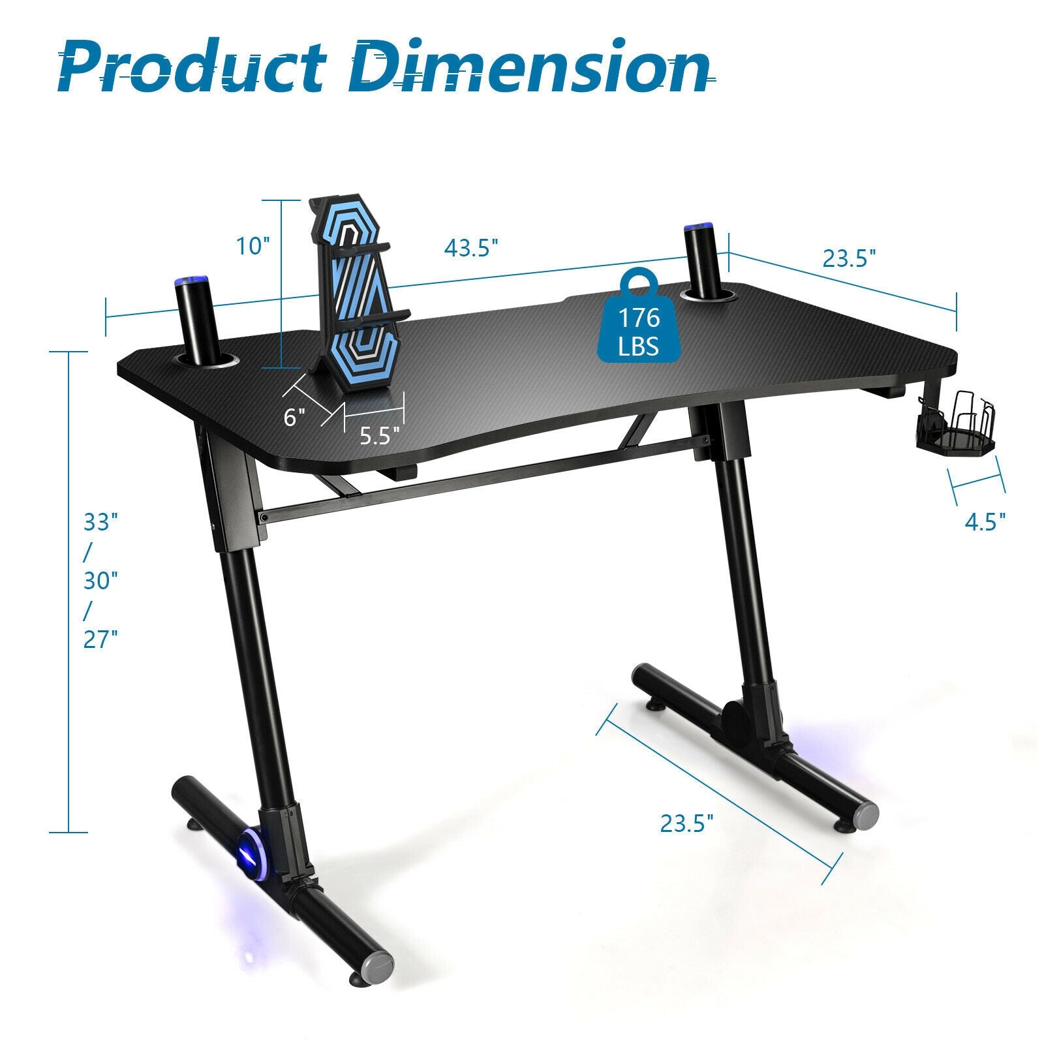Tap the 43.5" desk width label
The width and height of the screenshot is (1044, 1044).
pos(471,248)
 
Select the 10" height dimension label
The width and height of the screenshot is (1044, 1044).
pos(253,246)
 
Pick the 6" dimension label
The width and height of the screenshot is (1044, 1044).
pos(294,417)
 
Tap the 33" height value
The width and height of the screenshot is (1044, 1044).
pos(100,523)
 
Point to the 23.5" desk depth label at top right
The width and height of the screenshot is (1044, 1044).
pos(848,258)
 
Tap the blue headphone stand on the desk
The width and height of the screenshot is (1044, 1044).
pos(356,294)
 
